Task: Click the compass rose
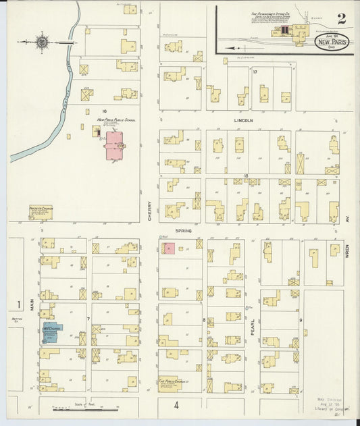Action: pyautogui.click(x=42, y=43)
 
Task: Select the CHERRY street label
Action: pyautogui.click(x=149, y=211)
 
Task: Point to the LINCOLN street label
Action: pyautogui.click(x=243, y=121)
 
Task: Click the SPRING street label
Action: pyautogui.click(x=184, y=230)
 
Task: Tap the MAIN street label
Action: pyautogui.click(x=31, y=309)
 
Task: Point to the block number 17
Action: pyautogui.click(x=255, y=71)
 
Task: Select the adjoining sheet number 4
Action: pyautogui.click(x=176, y=405)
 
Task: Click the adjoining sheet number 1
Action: pyautogui.click(x=19, y=304)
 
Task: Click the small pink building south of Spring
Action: pyautogui.click(x=168, y=248)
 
